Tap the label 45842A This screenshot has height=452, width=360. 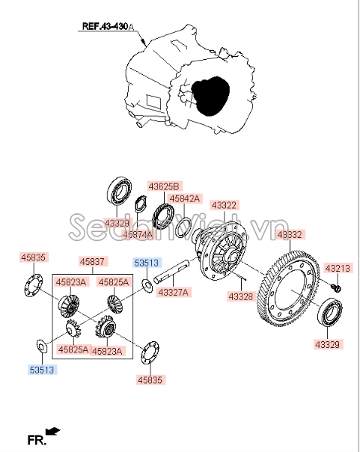pyautogui.click(x=183, y=198)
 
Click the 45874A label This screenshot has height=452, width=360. pyautogui.click(x=138, y=234)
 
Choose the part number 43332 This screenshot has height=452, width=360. pyautogui.click(x=290, y=235)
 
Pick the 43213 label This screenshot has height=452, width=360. pyautogui.click(x=336, y=268)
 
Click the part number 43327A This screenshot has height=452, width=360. pyautogui.click(x=173, y=291)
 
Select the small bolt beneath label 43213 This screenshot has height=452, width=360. pyautogui.click(x=335, y=287)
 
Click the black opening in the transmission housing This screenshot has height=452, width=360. pyautogui.click(x=209, y=96)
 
